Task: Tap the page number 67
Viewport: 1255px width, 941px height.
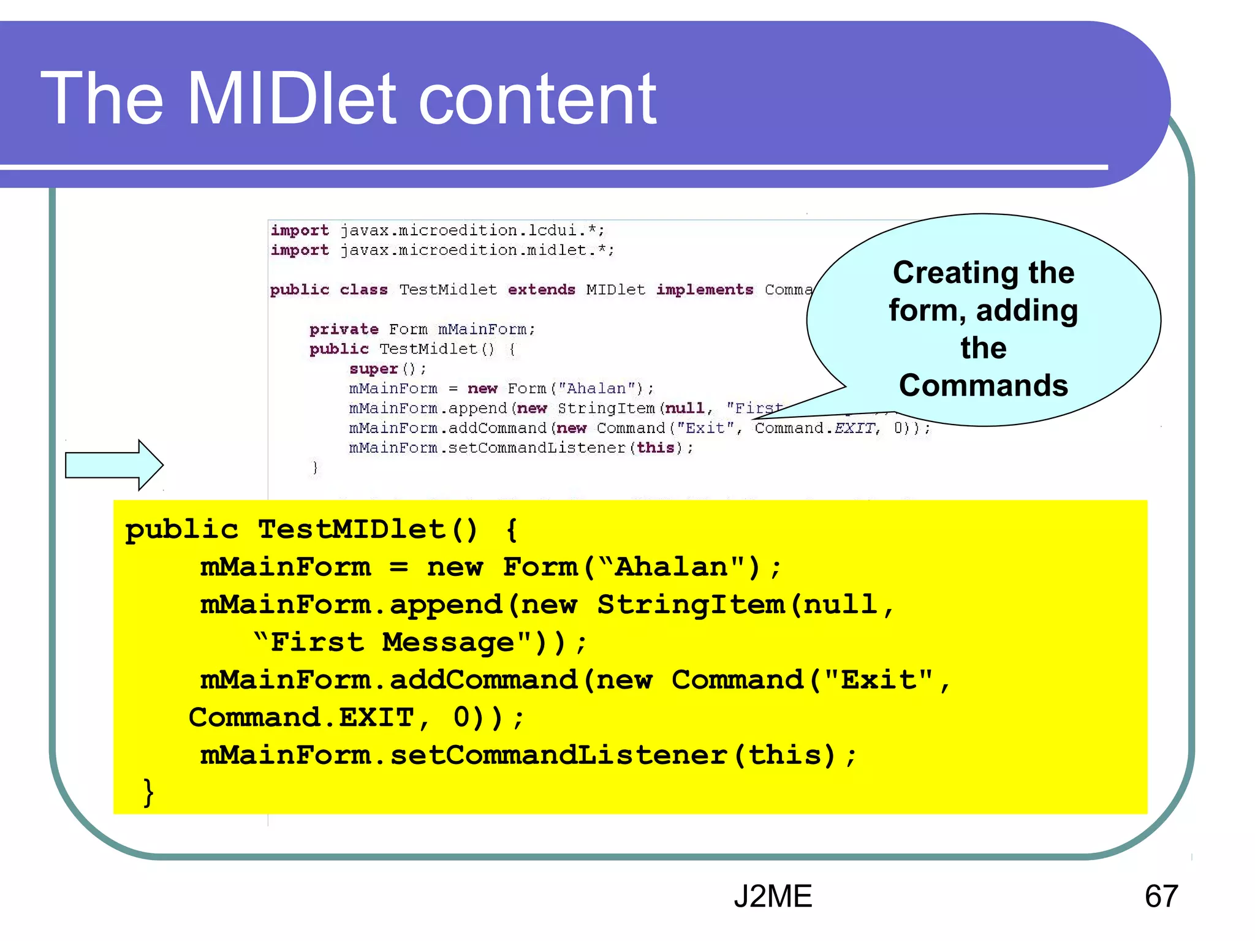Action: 1161,896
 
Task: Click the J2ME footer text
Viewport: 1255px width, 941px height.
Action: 772,896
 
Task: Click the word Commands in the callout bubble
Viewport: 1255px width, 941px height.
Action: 983,385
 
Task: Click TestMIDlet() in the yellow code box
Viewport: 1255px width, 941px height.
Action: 366,530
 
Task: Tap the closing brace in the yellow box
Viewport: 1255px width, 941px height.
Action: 148,793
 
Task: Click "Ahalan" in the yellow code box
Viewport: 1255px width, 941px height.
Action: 670,567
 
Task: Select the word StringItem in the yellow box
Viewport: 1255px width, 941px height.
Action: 691,605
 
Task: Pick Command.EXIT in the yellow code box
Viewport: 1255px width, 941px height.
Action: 301,717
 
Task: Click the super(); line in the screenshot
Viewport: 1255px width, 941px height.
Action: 387,369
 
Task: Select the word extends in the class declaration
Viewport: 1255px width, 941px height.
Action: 541,290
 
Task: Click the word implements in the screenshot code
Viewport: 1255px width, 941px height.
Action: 704,290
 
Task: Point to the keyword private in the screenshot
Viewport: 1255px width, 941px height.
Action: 344,330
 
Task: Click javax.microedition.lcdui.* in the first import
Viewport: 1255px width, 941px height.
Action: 472,230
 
